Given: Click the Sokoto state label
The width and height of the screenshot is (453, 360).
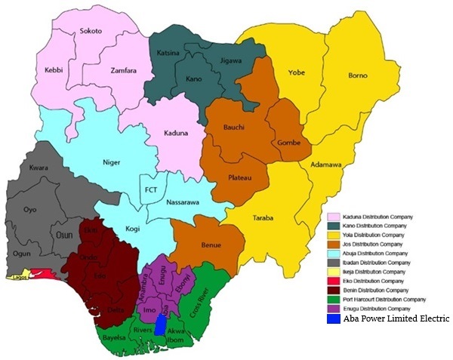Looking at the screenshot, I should point(91,32).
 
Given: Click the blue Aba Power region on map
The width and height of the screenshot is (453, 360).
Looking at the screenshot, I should point(160,325).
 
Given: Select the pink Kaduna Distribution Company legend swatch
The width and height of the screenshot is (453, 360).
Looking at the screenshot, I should point(332,217).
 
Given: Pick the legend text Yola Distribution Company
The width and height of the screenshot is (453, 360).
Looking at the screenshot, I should point(381,235).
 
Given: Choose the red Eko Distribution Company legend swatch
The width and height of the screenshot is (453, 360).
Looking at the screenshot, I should point(332,280).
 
